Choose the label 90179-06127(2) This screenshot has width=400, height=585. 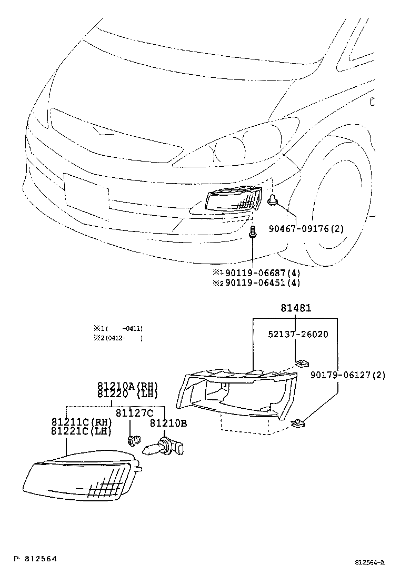click(x=347, y=375)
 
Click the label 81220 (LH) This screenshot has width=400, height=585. click(x=127, y=395)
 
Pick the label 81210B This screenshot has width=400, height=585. click(x=168, y=423)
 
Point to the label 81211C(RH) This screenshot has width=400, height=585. click(x=82, y=422)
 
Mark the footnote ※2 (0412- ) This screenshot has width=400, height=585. click(x=118, y=338)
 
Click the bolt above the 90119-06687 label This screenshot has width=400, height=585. click(x=253, y=232)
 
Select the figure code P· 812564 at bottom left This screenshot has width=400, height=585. click(x=35, y=559)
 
